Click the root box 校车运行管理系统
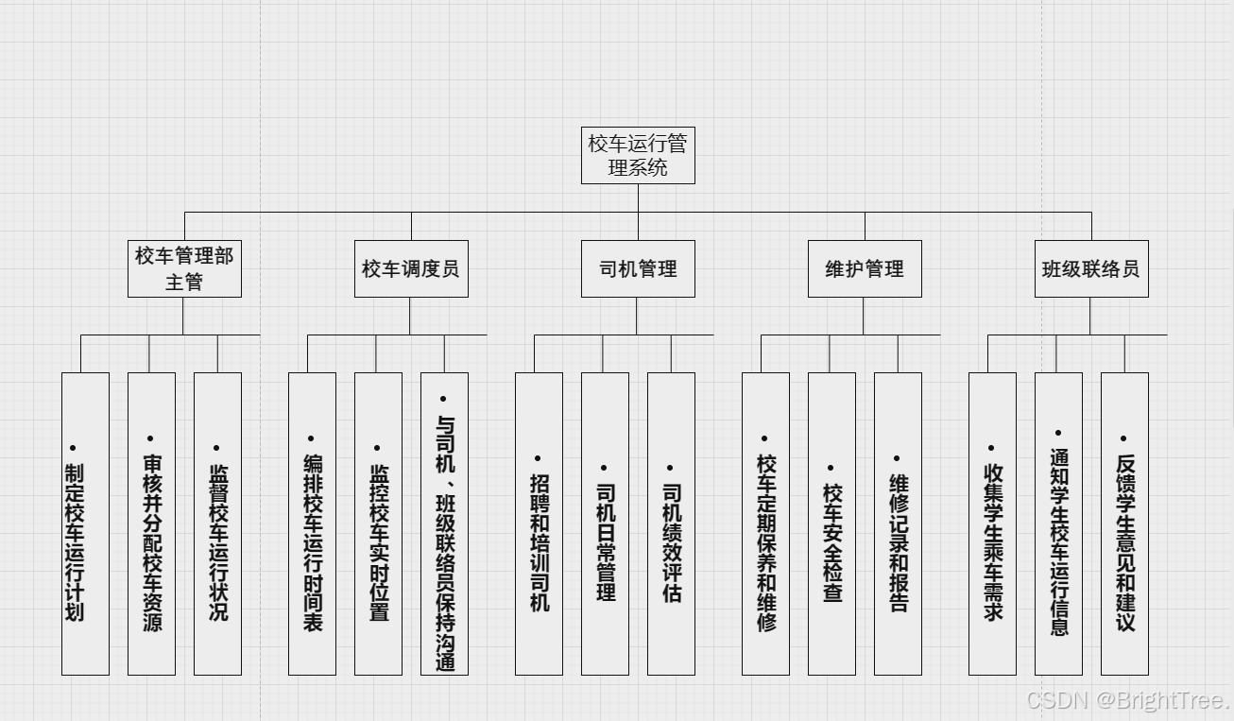(x=638, y=155)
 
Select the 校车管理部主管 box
(x=184, y=268)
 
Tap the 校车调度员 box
(x=411, y=268)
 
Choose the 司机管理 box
(x=638, y=268)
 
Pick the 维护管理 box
(x=865, y=268)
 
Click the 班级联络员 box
(x=1091, y=268)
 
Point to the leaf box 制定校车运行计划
(x=85, y=524)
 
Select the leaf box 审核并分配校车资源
(x=151, y=524)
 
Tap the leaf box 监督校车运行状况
(x=217, y=524)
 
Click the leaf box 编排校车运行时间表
(x=312, y=524)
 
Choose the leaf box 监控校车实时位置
(x=378, y=524)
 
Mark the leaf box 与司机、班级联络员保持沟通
(x=444, y=524)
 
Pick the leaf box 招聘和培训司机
(x=539, y=524)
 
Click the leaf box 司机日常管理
(x=605, y=524)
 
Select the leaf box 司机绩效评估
(x=671, y=524)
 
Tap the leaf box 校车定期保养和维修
(x=765, y=524)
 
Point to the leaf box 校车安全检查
(x=831, y=524)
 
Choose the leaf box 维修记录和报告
(x=898, y=524)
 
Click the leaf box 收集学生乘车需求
(x=992, y=524)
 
